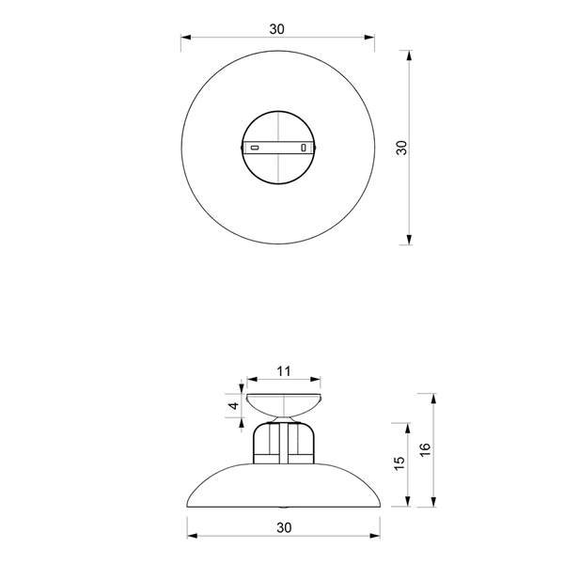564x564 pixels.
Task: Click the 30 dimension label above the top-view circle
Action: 276,28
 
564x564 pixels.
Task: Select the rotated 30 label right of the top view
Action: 401,148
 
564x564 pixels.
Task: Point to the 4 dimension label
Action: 232,406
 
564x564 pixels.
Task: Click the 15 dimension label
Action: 399,462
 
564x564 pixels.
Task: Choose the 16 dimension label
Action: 424,448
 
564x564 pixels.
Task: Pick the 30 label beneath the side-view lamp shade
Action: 283,528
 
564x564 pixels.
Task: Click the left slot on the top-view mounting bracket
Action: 255,148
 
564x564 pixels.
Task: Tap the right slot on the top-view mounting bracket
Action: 303,148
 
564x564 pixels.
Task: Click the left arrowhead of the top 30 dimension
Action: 186,39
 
